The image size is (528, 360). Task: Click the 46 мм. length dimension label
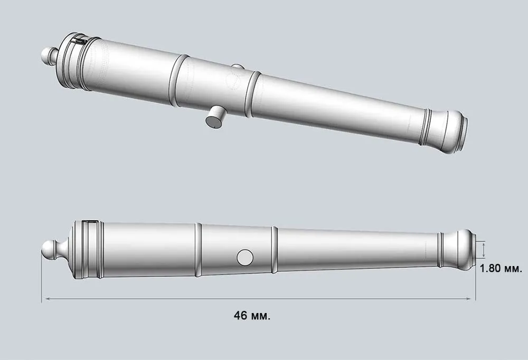pos(252,316)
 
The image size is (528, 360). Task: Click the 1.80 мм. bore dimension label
pos(501,269)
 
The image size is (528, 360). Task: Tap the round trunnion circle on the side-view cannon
pos(245,257)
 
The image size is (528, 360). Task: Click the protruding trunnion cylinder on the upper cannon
pos(215,117)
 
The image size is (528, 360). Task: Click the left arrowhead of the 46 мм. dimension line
pos(44,299)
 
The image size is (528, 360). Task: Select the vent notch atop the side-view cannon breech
pos(90,222)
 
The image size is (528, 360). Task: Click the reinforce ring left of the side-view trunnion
pos(199,249)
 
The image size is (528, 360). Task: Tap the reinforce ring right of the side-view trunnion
pos(275,250)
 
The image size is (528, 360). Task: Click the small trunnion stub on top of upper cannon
pos(238,67)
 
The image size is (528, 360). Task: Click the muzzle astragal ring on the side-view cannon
pos(439,249)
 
